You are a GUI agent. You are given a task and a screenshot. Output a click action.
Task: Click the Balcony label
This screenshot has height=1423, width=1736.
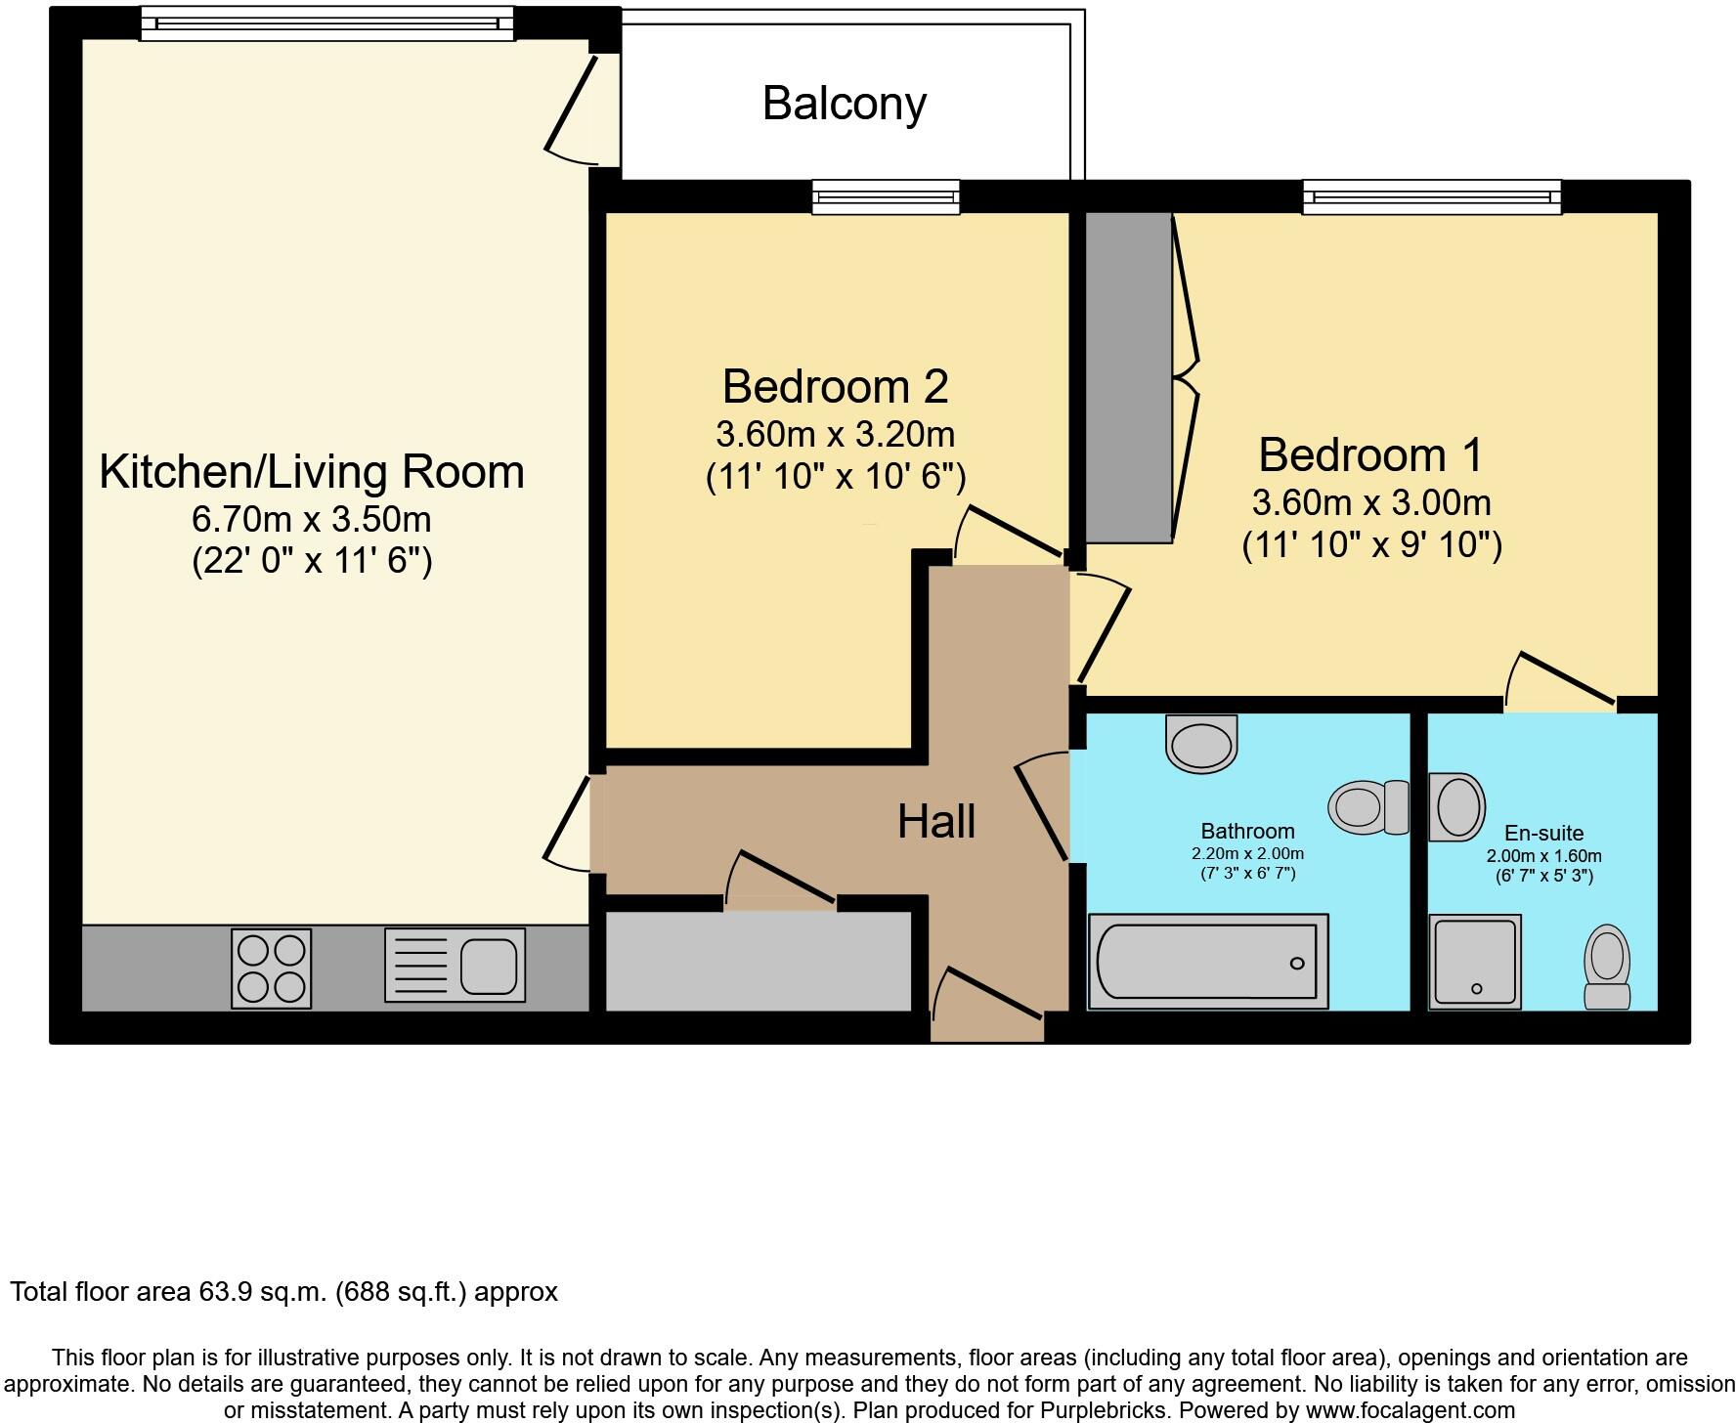845,104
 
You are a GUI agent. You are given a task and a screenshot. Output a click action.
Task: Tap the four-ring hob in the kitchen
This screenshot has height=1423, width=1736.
271,969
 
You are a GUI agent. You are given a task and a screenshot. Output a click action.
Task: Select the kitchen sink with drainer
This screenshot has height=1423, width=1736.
455,965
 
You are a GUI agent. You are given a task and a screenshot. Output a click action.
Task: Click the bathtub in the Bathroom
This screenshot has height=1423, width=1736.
1208,962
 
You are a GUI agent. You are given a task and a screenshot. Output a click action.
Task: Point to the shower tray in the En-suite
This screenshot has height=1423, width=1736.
1475,962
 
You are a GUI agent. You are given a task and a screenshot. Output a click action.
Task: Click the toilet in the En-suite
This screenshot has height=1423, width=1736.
1607,968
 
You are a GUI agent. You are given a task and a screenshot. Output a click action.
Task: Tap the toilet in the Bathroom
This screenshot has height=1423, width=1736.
1368,807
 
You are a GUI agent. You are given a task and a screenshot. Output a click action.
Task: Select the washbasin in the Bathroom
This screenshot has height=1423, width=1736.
1201,745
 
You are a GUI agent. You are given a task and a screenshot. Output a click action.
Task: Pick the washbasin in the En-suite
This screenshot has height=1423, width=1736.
1456,807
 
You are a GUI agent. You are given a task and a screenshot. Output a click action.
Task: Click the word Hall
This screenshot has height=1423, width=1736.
936,822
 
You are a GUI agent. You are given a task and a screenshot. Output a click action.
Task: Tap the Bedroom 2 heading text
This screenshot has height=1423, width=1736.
836,387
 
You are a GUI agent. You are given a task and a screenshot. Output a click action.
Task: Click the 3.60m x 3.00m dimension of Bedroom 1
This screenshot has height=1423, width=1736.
1371,502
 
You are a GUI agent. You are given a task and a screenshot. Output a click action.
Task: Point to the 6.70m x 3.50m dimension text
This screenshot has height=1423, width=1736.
313,519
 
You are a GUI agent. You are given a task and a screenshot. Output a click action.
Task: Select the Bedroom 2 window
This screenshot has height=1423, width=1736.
886,197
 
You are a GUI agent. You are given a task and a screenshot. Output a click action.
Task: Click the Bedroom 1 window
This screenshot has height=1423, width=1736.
1432,197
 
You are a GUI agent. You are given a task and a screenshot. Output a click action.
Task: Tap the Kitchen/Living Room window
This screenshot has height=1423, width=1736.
327,23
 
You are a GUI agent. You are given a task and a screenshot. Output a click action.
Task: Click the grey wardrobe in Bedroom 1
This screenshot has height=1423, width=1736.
1129,377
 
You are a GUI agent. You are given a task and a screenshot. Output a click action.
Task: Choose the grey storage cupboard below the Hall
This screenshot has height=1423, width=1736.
759,961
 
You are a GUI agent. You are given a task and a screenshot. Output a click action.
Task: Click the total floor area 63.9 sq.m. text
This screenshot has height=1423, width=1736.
283,1292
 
